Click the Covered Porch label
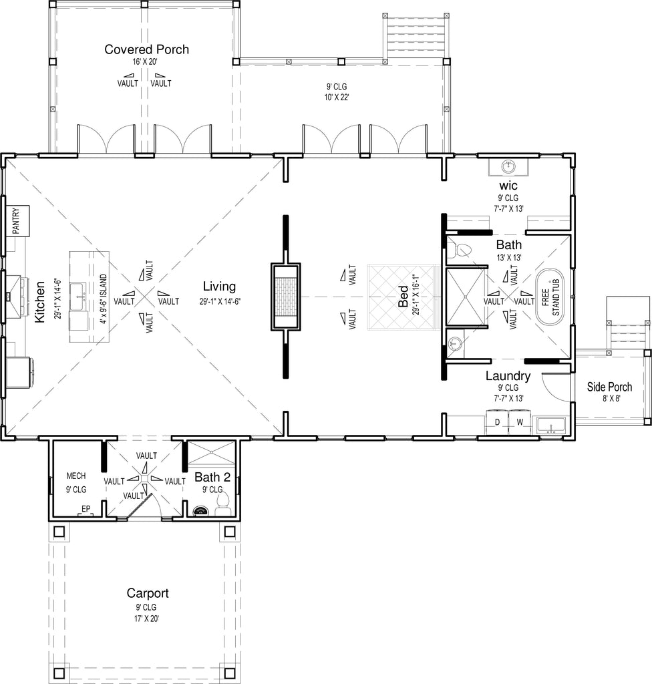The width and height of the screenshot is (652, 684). (147, 49)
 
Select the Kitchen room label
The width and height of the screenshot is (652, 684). (39, 302)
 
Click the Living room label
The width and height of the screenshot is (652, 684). (219, 286)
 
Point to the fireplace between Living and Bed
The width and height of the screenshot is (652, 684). (286, 297)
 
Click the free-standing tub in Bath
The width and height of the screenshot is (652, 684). (550, 297)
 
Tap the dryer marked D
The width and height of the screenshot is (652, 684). (497, 422)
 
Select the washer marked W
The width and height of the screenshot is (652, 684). (520, 422)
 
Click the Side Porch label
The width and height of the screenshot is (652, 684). (609, 387)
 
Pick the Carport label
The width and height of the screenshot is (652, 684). (148, 593)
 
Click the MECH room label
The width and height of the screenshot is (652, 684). (76, 476)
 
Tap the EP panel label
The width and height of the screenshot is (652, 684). (86, 508)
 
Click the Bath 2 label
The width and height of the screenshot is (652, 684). (212, 477)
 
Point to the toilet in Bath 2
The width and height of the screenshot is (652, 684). (223, 504)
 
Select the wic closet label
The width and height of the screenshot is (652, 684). (508, 186)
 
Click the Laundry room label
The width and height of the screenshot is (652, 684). (508, 375)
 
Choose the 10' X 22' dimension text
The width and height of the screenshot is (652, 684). (337, 98)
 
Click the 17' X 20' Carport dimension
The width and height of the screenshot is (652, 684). (146, 618)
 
